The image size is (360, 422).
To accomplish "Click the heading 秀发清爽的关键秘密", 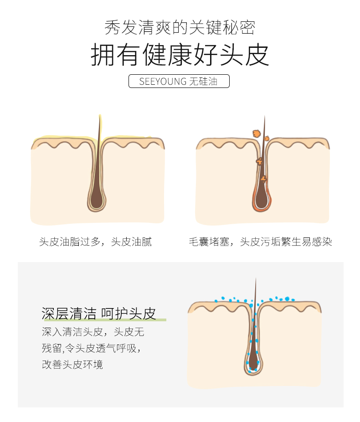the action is pos(180,27).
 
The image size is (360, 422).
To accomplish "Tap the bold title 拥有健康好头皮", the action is pos(180,55).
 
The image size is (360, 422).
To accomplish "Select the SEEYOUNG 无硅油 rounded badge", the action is pos(179,81).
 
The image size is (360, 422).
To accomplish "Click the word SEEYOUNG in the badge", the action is pos(163,81).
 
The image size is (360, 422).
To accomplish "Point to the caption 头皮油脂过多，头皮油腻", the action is pos(95,242).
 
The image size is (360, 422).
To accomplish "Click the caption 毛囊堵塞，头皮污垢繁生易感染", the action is pos(260,242).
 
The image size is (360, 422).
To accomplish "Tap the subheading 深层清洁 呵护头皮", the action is pos(99,313).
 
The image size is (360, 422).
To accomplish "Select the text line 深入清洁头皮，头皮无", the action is pos(93,332).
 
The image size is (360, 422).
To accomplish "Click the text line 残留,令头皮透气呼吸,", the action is pos(92,348).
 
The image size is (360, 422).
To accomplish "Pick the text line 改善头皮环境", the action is pos(72,365).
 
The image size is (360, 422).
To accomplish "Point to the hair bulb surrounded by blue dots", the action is pos(253,362).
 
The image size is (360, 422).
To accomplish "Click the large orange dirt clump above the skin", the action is pos(257,134).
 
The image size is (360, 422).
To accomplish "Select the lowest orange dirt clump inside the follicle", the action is pos(264,179).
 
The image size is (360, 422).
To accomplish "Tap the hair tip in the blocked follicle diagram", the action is pos(264,116).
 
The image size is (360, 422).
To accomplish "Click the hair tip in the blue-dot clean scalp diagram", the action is pos(256,278).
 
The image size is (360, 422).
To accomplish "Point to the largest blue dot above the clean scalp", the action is pos(287,299).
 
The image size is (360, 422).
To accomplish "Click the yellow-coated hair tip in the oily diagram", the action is pos(100,116).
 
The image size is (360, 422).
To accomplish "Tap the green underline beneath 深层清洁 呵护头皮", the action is pos(105,320).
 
